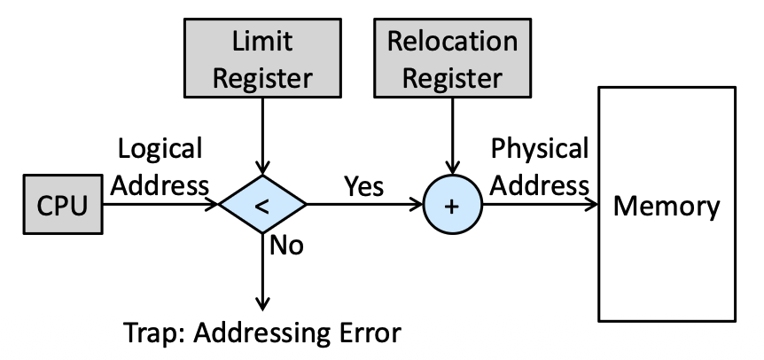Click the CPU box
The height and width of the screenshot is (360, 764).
click(63, 204)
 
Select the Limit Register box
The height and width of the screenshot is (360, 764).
click(262, 58)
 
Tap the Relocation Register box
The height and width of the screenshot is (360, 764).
click(452, 58)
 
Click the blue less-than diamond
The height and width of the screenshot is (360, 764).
click(262, 204)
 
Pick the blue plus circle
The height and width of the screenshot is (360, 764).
click(453, 205)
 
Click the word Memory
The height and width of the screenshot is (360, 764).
click(667, 206)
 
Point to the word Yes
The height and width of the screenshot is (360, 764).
click(364, 186)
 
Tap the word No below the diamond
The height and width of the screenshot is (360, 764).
click(286, 245)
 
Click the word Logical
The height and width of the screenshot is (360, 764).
click(160, 150)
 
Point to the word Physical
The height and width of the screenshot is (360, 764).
click(540, 149)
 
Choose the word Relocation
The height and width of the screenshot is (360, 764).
click(452, 41)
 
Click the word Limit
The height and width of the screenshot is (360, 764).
click(262, 41)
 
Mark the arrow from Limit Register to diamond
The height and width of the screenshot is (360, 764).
click(262, 137)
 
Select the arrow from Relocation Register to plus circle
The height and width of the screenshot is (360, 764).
click(452, 137)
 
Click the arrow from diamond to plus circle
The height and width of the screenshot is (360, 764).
click(364, 204)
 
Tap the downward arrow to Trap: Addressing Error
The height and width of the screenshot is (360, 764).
click(262, 272)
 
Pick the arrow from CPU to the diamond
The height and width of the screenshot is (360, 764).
click(160, 204)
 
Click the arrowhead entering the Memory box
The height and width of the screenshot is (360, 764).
click(592, 204)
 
